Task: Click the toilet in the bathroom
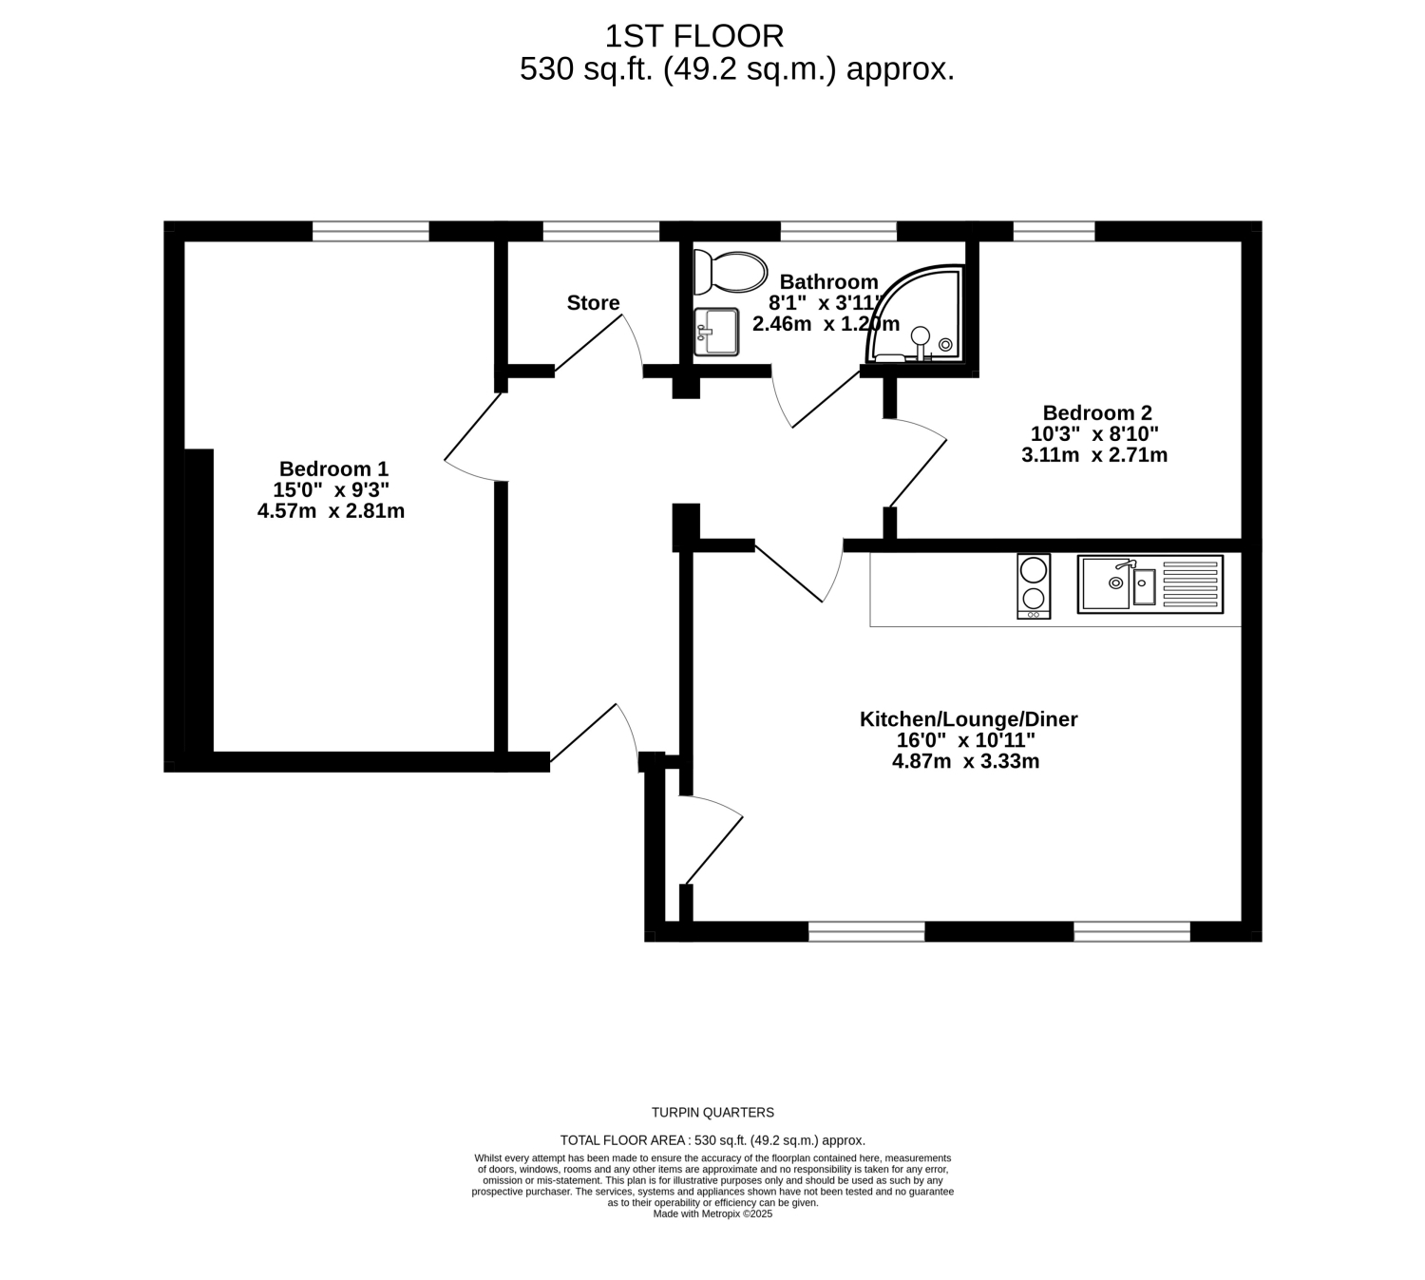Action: (730, 273)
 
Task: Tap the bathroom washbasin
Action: (716, 332)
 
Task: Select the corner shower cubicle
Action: (915, 314)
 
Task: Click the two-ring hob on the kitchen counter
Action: (1034, 586)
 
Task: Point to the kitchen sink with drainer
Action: (1150, 584)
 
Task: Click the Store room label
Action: (593, 302)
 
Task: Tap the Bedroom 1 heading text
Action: (333, 468)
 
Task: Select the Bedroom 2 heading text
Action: (1097, 412)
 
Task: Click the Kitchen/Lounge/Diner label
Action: (968, 719)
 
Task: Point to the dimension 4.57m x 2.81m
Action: (332, 511)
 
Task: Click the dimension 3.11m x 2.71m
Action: (1094, 454)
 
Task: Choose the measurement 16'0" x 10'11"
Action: (966, 740)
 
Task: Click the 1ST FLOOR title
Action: (694, 36)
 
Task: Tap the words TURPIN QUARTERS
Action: (712, 1113)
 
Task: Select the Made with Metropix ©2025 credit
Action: (712, 1213)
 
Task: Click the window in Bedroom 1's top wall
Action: (370, 231)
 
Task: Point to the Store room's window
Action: (601, 231)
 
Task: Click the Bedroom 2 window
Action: (1054, 231)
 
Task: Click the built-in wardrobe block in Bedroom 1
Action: (199, 601)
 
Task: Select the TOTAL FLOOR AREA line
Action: (712, 1140)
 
